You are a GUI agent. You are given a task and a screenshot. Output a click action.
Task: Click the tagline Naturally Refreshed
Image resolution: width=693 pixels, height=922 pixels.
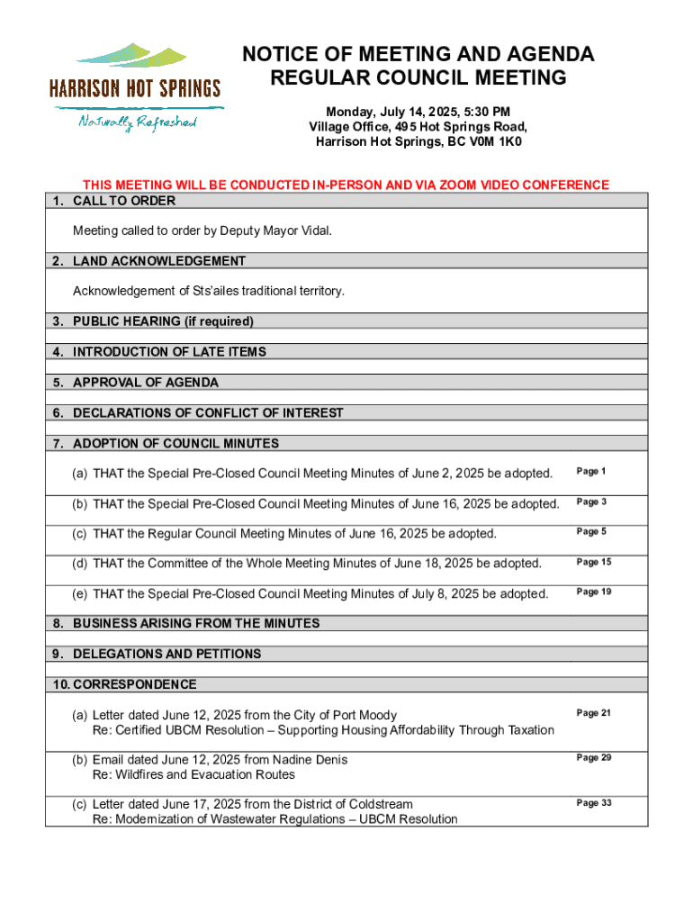(137, 122)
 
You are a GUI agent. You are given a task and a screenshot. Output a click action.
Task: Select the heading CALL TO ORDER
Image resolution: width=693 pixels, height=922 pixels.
(124, 201)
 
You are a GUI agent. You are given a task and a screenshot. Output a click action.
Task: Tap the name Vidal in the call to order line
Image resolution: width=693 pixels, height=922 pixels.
(314, 231)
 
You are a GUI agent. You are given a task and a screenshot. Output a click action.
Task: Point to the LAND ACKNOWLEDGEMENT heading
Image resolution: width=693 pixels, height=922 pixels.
(159, 261)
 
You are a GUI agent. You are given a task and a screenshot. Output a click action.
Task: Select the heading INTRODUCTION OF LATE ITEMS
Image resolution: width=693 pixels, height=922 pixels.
(169, 352)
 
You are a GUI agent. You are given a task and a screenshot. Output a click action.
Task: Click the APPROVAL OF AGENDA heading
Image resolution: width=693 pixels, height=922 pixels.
(146, 383)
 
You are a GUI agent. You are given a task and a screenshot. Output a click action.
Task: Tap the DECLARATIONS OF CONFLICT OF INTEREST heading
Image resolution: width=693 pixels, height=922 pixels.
(208, 413)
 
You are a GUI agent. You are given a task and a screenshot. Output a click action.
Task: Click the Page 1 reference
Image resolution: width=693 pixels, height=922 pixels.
(591, 472)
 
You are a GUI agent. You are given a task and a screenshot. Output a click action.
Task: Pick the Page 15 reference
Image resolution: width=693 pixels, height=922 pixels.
(594, 563)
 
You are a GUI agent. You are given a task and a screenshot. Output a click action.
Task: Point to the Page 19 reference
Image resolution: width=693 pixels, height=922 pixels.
(594, 592)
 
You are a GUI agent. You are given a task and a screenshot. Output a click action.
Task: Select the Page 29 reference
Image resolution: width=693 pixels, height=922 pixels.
(594, 758)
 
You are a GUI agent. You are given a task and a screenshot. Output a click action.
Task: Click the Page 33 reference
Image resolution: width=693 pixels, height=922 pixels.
(594, 803)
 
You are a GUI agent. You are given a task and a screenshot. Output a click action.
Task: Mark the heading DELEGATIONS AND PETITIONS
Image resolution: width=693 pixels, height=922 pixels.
(166, 654)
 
